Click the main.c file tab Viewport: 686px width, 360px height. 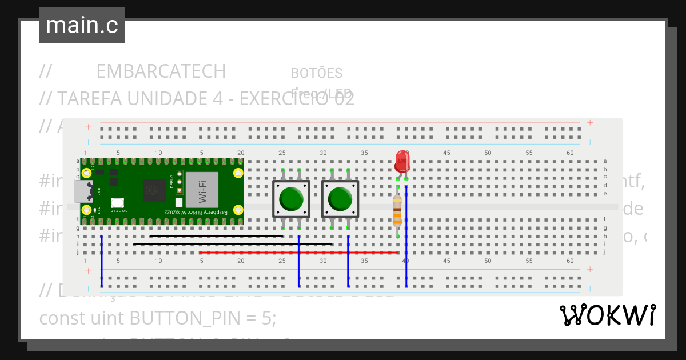(82, 25)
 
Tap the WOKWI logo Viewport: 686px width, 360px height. (607, 315)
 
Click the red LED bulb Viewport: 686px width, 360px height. (402, 161)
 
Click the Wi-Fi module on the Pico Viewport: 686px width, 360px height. (202, 189)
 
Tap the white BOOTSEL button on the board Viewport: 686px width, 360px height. (117, 202)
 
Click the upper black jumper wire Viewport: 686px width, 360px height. (216, 236)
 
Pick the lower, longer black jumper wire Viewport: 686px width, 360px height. (232, 245)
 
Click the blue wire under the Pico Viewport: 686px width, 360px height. (101, 260)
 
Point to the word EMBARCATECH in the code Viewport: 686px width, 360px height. (161, 71)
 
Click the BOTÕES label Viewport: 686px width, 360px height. (317, 73)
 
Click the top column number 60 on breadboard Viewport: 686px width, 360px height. (570, 153)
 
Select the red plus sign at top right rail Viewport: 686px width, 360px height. (590, 123)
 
